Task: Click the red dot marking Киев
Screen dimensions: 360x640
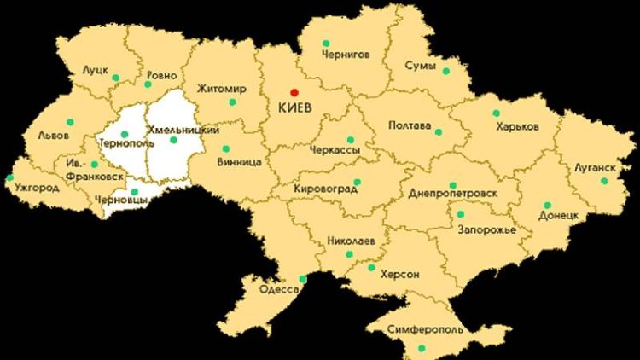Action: point(294,92)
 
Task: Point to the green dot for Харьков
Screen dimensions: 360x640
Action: point(496,113)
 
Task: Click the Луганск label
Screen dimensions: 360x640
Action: point(594,169)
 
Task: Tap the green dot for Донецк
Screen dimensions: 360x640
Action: point(547,205)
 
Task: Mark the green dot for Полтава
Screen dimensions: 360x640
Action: point(438,131)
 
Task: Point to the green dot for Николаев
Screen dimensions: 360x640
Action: point(349,254)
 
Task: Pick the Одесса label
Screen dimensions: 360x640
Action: point(278,290)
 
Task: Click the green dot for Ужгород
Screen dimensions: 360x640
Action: point(9,178)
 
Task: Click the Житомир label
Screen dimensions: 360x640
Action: point(220,88)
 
